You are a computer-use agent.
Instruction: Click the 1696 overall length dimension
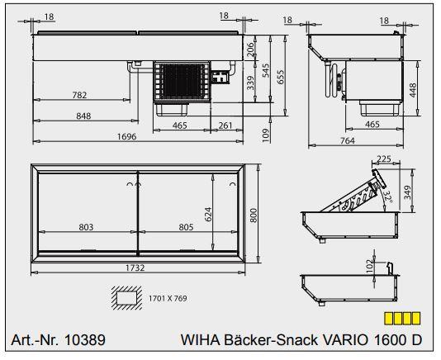pos(127,137)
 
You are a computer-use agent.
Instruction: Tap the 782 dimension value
pos(79,95)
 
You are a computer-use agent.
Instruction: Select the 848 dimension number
pos(83,116)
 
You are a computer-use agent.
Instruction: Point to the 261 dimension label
pos(225,126)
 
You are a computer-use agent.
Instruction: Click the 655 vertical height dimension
pos(281,77)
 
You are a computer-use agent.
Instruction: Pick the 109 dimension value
pos(265,135)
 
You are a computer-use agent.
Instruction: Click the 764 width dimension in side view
pos(348,140)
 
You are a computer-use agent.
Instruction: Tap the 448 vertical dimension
pos(413,91)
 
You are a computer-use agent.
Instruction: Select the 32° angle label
pos(389,197)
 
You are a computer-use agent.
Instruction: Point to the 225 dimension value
pos(384,159)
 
